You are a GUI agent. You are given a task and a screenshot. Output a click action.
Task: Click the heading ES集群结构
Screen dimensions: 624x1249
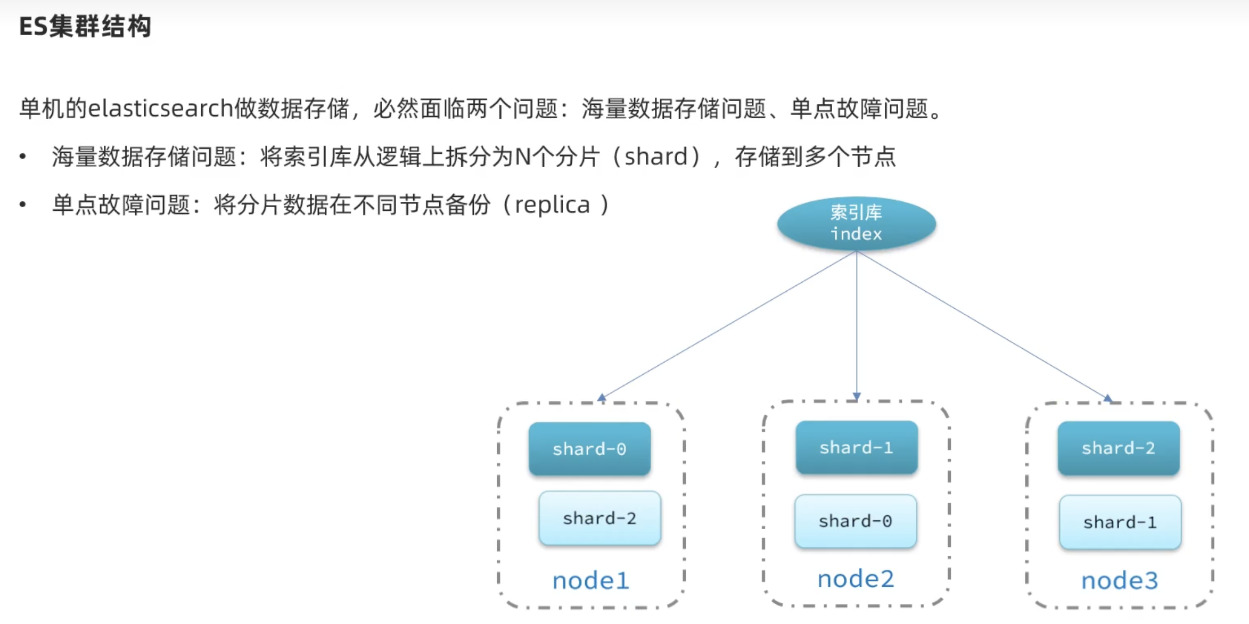pos(85,27)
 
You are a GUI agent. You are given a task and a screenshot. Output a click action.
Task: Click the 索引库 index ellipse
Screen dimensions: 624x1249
pos(856,224)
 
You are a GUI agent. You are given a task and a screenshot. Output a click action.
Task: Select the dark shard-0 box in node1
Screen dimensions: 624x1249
pos(589,449)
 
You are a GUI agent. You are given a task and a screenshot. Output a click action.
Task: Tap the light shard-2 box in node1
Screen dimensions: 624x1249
pos(599,518)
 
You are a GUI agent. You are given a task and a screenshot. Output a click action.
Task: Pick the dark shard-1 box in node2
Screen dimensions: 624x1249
pos(857,447)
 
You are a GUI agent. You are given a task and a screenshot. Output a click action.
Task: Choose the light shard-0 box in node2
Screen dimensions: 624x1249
pos(856,521)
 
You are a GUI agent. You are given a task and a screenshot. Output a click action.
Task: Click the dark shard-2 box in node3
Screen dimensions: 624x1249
pos(1119,448)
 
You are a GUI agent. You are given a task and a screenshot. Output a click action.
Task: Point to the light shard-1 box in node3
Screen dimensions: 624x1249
pos(1120,522)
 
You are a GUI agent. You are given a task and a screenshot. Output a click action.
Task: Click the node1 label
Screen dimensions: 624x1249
pos(590,580)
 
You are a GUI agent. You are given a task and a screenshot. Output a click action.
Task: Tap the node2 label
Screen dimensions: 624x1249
pos(856,579)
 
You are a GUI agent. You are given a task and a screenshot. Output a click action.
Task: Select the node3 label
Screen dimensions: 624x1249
pos(1120,580)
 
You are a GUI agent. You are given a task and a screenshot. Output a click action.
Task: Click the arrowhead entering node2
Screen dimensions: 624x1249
pos(857,396)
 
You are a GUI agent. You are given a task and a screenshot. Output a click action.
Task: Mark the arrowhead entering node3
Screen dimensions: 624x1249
pos(1107,398)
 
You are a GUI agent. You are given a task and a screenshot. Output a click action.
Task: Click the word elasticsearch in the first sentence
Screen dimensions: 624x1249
pos(161,109)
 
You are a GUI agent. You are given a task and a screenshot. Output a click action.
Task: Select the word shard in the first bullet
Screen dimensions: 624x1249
pos(656,157)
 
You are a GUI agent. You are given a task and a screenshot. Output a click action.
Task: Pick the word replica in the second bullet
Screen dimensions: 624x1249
pos(552,205)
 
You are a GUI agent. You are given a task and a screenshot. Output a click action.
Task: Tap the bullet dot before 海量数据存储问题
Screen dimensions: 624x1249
pos(22,157)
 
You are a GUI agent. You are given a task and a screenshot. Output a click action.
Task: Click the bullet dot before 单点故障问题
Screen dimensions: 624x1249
pos(22,204)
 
